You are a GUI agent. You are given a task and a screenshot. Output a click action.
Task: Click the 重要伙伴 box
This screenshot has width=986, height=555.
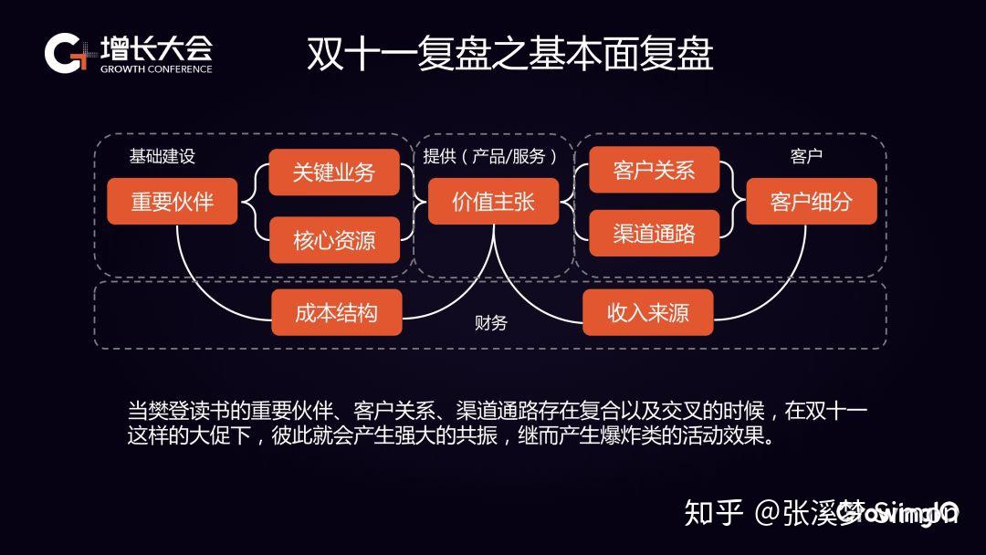click(173, 202)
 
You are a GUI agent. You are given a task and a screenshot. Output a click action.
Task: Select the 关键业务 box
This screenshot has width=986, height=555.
click(334, 173)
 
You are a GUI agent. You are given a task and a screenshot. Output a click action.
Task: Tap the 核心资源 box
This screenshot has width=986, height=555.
click(334, 240)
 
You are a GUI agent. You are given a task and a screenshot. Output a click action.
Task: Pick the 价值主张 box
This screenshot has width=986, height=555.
click(494, 202)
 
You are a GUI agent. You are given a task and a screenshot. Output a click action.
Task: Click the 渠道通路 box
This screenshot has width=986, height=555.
click(654, 234)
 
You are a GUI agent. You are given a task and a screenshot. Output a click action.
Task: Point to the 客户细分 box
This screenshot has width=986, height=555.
click(811, 202)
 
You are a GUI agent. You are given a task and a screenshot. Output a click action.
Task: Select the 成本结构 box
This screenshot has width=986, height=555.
click(336, 313)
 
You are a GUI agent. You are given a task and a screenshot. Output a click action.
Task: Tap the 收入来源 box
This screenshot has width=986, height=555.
click(648, 313)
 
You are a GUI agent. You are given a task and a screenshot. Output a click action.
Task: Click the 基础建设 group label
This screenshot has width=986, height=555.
click(163, 156)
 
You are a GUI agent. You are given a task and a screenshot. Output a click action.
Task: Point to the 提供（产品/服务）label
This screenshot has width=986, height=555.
click(490, 156)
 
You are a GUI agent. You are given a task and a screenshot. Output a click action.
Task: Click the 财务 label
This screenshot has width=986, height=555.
click(491, 323)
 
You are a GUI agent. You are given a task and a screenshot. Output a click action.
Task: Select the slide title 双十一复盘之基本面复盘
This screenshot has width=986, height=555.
click(509, 55)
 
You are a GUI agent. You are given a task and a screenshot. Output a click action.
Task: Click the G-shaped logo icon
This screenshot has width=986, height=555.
click(65, 54)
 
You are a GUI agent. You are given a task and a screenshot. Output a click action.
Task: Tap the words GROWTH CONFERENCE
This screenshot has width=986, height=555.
click(156, 69)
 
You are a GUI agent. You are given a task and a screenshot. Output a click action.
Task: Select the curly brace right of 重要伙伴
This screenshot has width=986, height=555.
click(256, 202)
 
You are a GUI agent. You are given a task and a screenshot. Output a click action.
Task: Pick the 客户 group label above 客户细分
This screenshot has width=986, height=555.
click(806, 156)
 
